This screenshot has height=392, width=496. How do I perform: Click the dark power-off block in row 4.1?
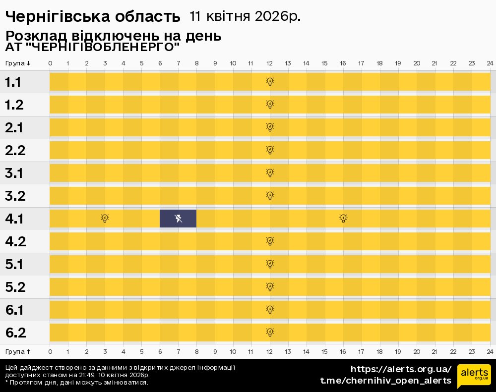178,219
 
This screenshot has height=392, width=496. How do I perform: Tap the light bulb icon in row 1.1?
270,82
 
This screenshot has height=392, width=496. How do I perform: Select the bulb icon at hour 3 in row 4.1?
105,219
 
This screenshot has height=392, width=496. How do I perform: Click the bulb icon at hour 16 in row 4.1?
343,219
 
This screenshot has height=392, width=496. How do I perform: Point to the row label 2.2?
15,150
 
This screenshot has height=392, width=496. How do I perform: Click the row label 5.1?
14,265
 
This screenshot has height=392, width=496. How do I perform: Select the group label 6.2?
15,333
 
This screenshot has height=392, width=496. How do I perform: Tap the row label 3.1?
14,173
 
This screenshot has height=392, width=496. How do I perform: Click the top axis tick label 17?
361,63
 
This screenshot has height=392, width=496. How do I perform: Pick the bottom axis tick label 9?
215,351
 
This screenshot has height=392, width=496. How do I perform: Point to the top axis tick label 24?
490,63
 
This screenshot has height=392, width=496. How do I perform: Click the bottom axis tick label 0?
50,351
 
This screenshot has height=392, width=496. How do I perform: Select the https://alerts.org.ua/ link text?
401,369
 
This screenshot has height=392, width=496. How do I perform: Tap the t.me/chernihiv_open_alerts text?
385,381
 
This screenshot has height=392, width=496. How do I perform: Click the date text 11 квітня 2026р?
245,16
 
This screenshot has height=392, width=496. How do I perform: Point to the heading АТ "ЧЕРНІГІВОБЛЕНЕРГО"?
92,48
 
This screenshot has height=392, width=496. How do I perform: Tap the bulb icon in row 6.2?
270,333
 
